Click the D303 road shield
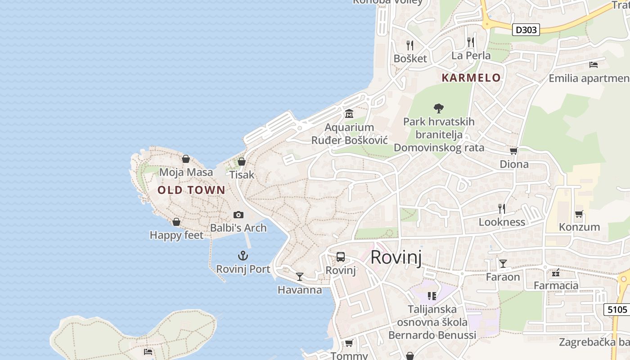[526, 30]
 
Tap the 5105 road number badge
[616, 310]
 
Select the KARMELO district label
[471, 78]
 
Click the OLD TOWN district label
[191, 190]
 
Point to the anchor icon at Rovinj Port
[243, 256]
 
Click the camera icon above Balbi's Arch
[238, 215]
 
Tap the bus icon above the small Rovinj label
[341, 257]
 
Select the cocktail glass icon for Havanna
[300, 276]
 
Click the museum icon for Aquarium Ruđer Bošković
[349, 114]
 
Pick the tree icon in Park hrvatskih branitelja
[439, 108]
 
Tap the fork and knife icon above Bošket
[410, 45]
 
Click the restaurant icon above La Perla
[471, 42]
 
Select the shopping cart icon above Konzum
[579, 214]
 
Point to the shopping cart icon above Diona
[514, 151]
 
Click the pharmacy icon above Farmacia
[556, 273]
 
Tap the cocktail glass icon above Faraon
[503, 263]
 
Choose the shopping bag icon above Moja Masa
[186, 159]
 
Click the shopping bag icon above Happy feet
[176, 222]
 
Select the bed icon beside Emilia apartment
[594, 65]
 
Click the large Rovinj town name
[396, 257]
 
